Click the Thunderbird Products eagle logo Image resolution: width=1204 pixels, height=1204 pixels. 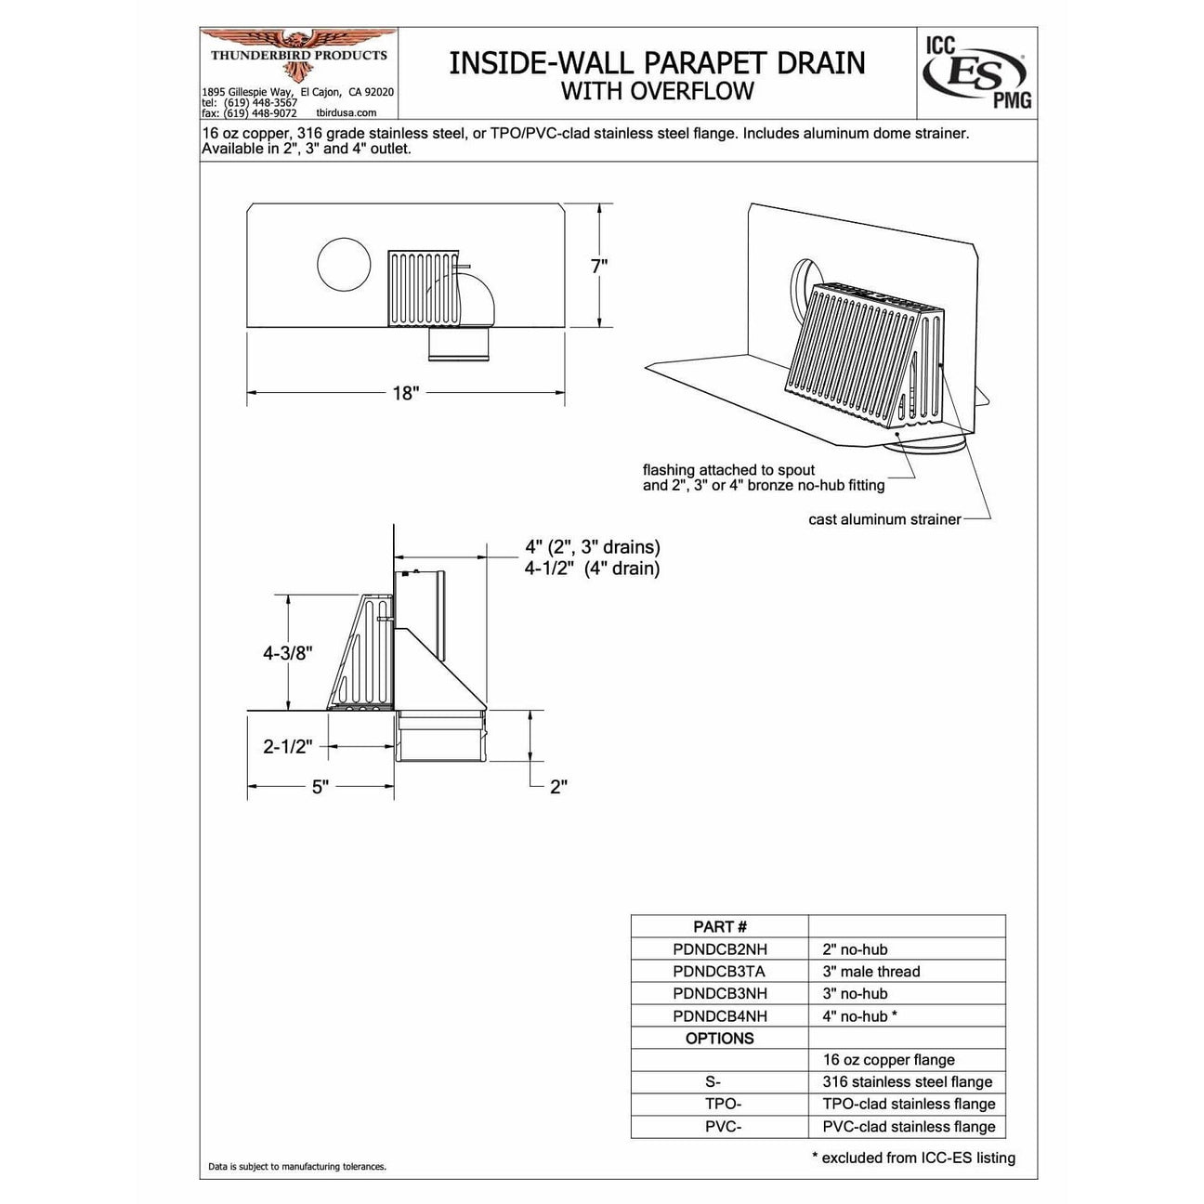[x=298, y=51]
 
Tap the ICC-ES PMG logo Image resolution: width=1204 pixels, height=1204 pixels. [x=976, y=72]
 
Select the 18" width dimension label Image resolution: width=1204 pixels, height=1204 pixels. [x=405, y=393]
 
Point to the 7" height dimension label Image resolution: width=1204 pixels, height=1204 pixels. [x=599, y=267]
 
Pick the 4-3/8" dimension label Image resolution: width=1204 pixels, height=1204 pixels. [x=287, y=653]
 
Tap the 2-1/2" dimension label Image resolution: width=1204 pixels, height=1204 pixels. [x=287, y=747]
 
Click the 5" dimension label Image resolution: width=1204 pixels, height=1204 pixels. [x=321, y=787]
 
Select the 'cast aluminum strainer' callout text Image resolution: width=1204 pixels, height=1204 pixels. [x=884, y=519]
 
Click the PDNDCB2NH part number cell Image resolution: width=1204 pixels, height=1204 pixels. [x=720, y=949]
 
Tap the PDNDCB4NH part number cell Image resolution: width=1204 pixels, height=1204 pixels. [x=720, y=1016]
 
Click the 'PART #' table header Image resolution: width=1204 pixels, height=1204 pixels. [x=720, y=926]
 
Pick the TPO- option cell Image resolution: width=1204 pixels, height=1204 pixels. [x=720, y=1104]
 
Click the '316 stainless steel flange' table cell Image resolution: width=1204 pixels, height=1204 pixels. [x=908, y=1082]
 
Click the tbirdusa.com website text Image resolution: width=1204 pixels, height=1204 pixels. [x=347, y=113]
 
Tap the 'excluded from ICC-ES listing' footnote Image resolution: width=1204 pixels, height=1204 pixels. [x=913, y=1158]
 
